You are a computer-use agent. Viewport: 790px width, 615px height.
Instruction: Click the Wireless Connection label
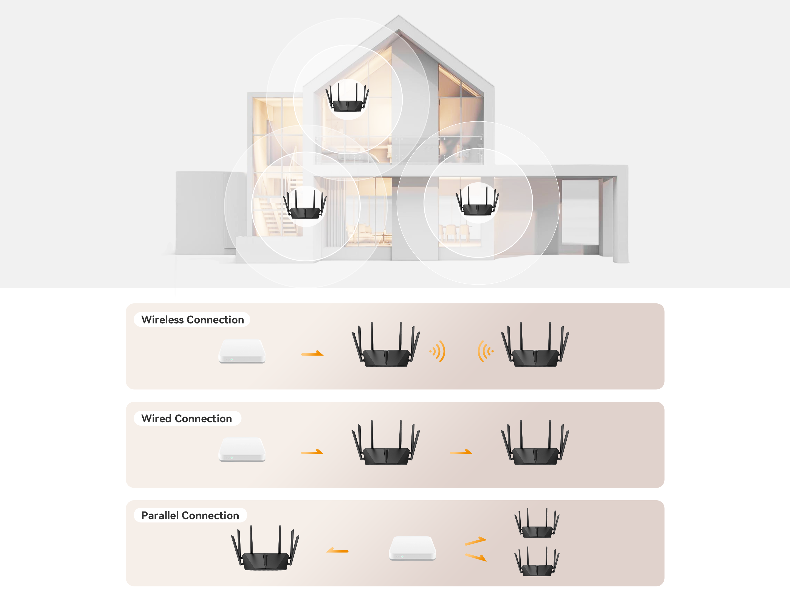[x=193, y=320]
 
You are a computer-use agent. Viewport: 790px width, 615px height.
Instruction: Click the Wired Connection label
[x=186, y=418]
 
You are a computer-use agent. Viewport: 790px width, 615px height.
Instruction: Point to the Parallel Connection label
[x=190, y=515]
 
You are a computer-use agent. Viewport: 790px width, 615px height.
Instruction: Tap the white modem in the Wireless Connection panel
[x=242, y=351]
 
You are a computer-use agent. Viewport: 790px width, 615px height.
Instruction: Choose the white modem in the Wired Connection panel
[x=242, y=449]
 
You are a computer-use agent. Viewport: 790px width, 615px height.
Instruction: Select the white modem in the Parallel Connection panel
[x=412, y=548]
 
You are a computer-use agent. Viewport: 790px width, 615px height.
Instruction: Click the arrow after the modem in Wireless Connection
[x=312, y=353]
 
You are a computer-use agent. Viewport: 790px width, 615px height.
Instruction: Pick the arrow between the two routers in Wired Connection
[x=461, y=452]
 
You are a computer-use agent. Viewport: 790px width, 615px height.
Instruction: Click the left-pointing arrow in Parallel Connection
[x=337, y=550]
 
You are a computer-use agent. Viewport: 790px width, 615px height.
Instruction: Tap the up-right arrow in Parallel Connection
[x=476, y=541]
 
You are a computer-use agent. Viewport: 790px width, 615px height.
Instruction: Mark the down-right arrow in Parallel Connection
[x=476, y=557]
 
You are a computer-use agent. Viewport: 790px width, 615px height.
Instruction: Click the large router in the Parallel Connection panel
[x=265, y=548]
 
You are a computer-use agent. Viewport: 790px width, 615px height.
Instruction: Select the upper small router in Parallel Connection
[x=537, y=523]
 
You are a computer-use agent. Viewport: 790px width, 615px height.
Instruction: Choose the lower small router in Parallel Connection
[x=537, y=561]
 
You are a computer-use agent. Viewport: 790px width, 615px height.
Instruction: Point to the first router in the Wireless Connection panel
[x=386, y=345]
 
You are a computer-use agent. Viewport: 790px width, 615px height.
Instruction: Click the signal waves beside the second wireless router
[x=486, y=351]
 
